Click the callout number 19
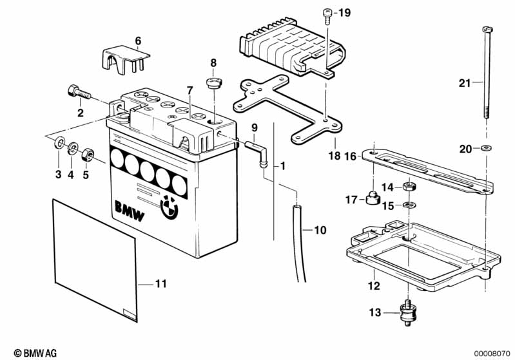coord(345,12)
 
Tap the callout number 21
coord(465,82)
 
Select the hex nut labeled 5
coord(90,154)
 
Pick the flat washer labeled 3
coord(59,142)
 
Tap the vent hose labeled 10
coord(299,242)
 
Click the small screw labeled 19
coord(327,14)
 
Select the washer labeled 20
coord(485,149)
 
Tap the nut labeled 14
coord(407,187)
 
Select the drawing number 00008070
coord(492,353)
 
